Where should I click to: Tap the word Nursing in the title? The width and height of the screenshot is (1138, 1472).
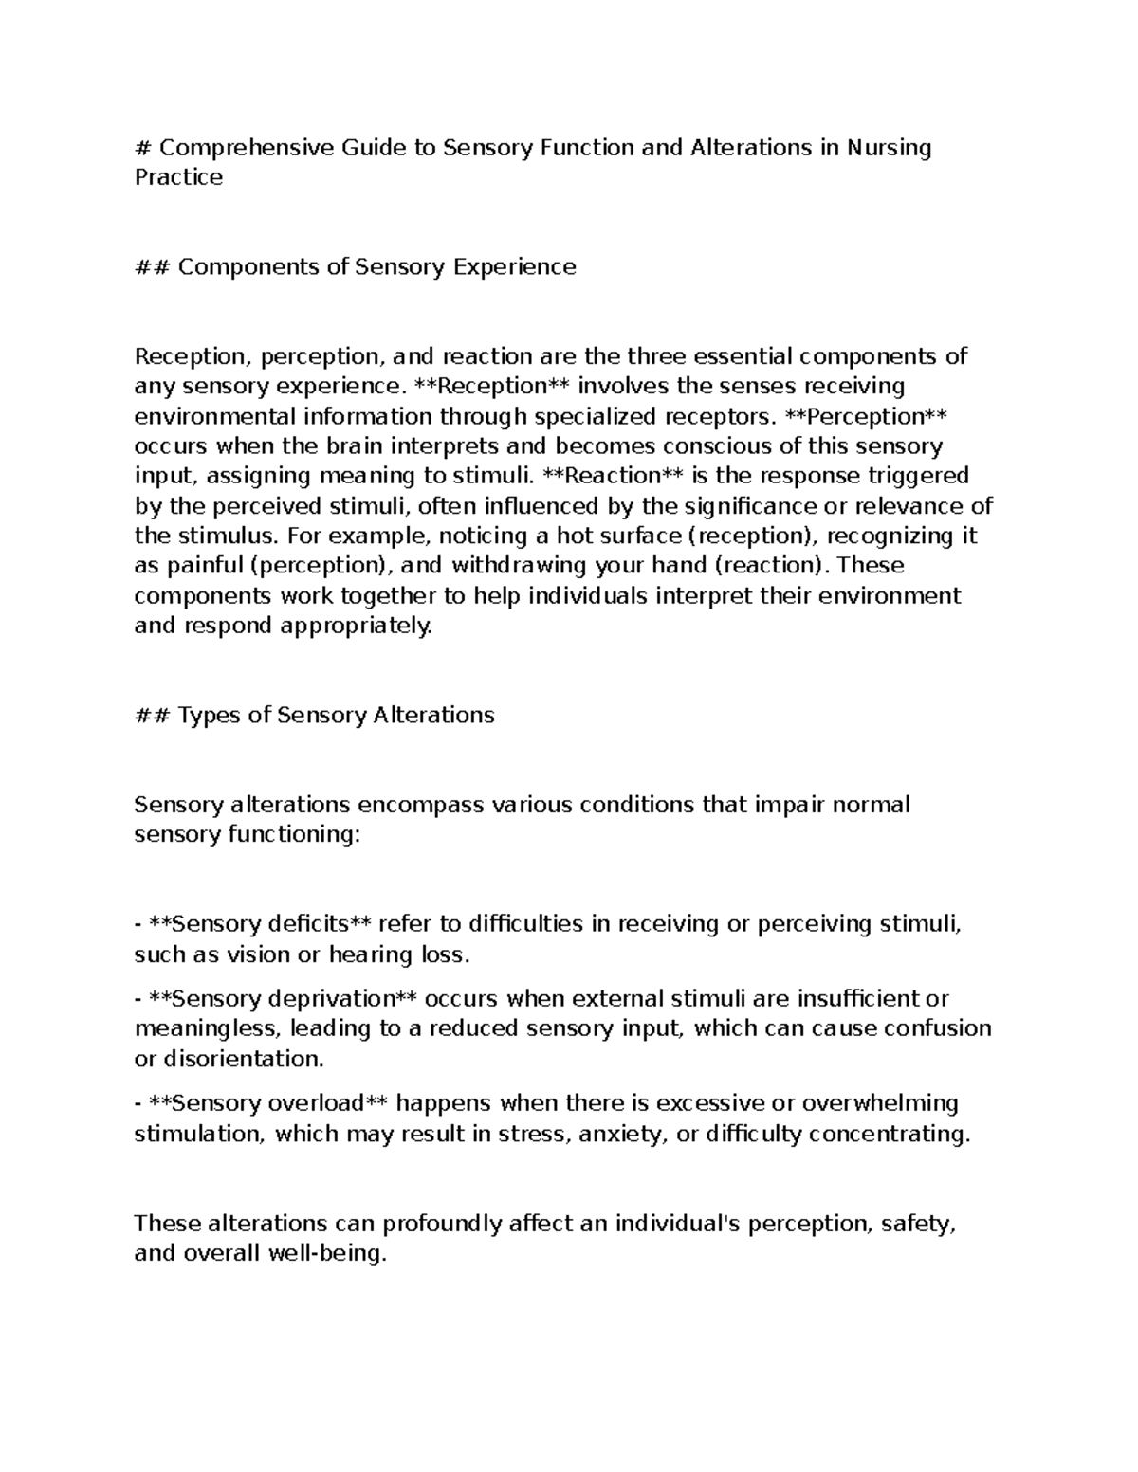pyautogui.click(x=890, y=148)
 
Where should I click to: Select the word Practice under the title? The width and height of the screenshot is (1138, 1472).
pyautogui.click(x=178, y=177)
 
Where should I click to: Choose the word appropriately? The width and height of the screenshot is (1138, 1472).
pyautogui.click(x=350, y=626)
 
